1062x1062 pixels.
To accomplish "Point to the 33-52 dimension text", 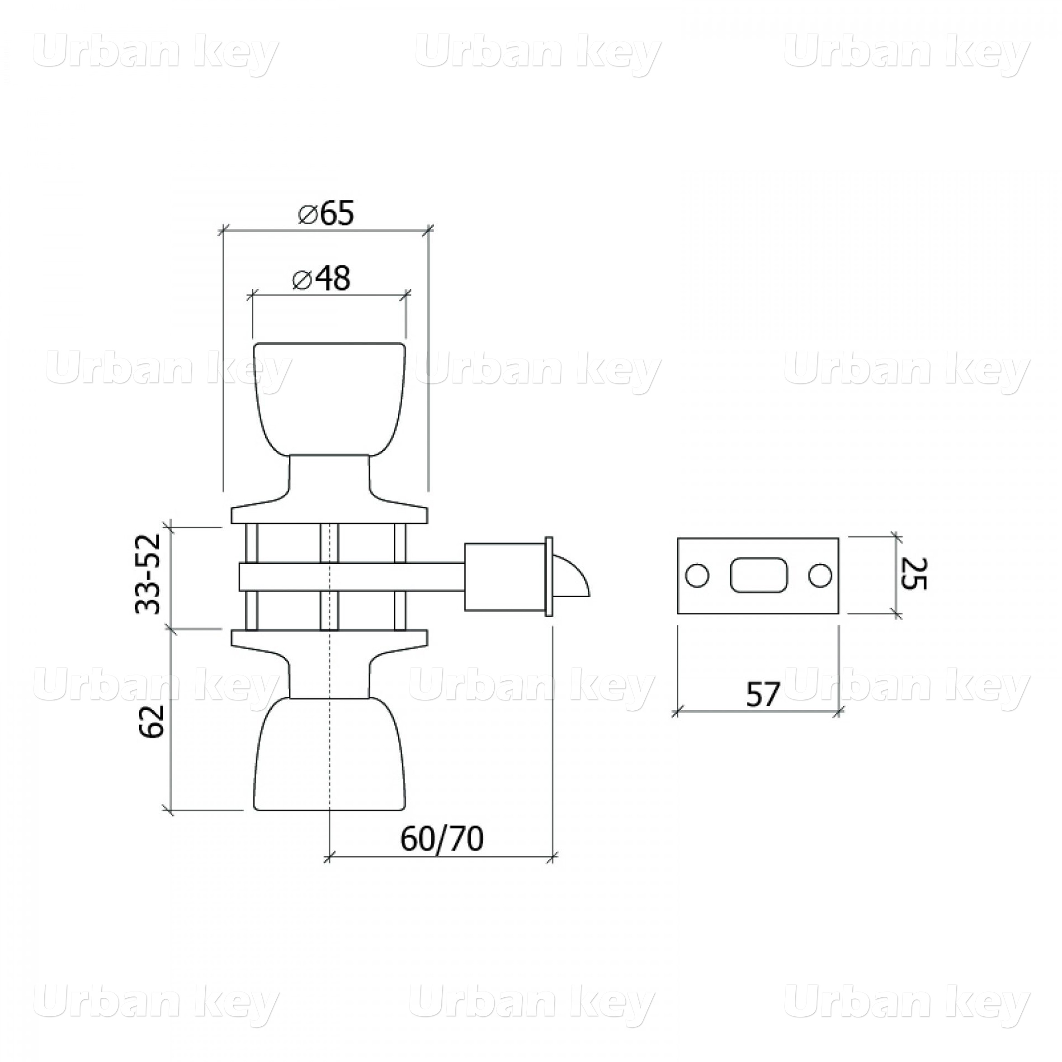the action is [x=148, y=573].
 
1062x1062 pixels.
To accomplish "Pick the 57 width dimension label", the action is [x=764, y=695].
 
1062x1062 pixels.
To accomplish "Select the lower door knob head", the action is [x=329, y=754].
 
